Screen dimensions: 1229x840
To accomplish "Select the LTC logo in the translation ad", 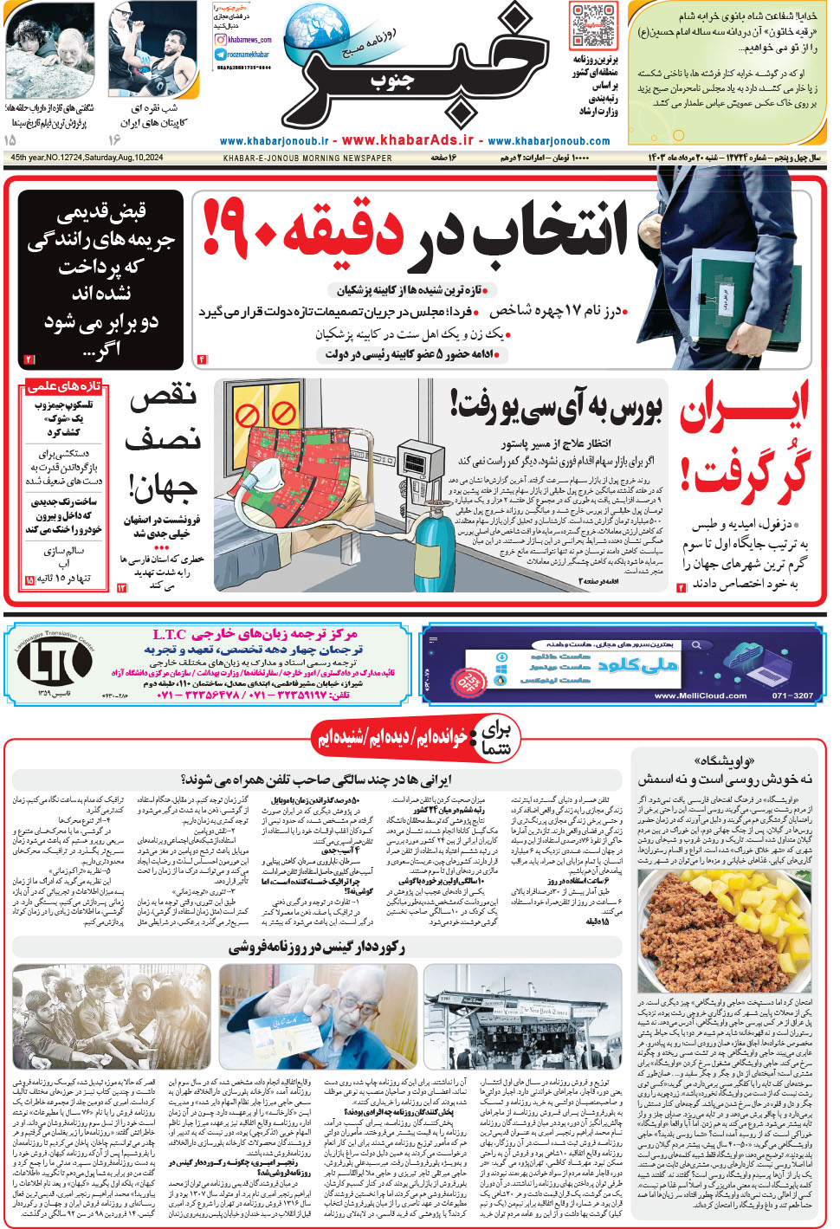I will (x=54, y=663).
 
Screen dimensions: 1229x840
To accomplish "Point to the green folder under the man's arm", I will (x=725, y=292).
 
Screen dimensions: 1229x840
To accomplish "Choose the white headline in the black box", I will (x=101, y=279).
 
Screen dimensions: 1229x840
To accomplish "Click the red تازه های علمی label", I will (x=62, y=385).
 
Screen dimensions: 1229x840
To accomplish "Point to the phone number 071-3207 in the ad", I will (x=792, y=695).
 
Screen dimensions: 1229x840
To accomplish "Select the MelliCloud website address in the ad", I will (x=700, y=695).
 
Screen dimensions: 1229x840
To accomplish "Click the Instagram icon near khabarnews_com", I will (x=222, y=40).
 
